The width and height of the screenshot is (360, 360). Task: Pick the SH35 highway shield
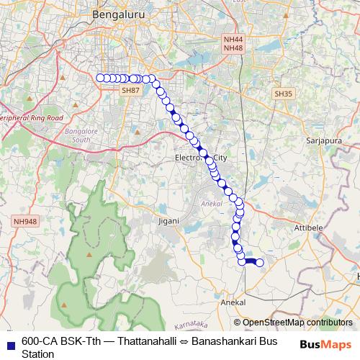283,94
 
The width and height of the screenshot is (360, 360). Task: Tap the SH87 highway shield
130,90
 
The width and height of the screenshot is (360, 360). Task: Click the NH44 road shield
233,40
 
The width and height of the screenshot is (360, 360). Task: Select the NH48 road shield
233,48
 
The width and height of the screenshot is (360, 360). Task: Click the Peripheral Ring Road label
32,117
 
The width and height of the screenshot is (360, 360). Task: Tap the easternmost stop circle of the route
260,263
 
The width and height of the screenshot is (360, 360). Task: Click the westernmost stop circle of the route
100,78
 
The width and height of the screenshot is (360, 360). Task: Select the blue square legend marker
10,343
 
